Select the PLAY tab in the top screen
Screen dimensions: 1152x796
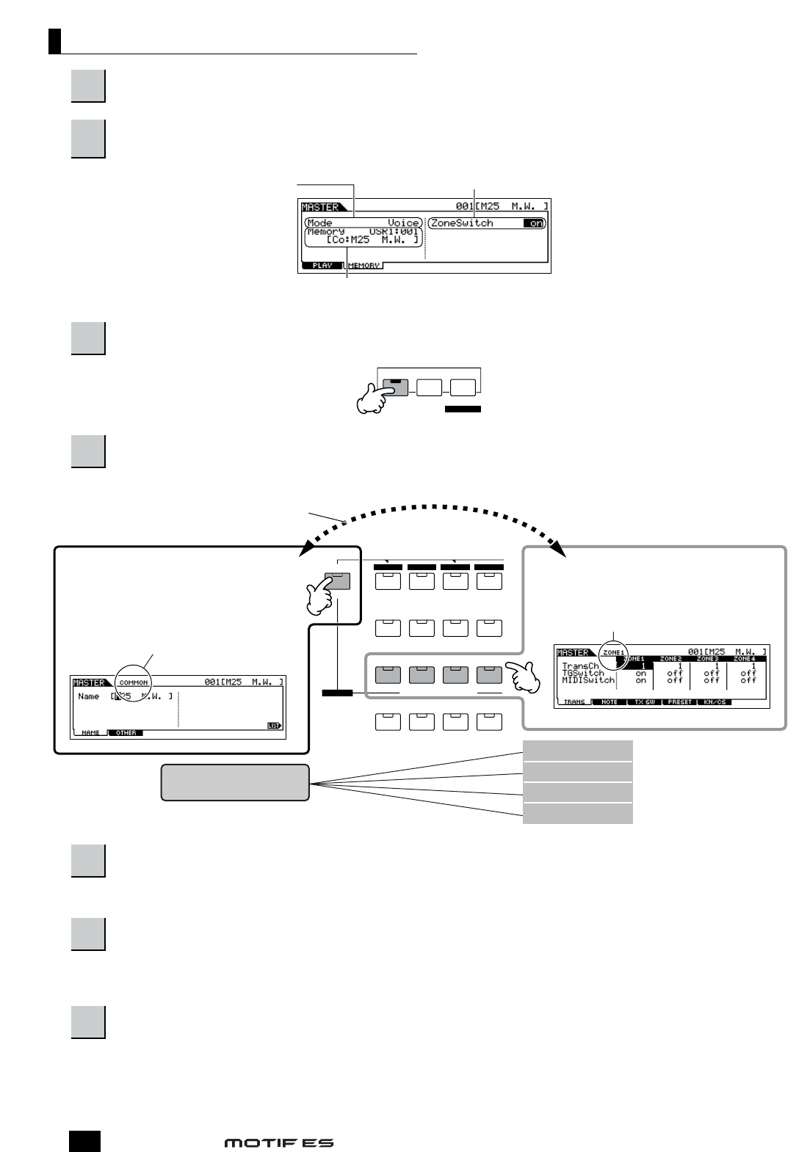322,266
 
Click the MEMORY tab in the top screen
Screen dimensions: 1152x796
363,266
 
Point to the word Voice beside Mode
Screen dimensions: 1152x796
403,223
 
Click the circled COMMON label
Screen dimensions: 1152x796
134,682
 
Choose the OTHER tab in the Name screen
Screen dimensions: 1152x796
126,732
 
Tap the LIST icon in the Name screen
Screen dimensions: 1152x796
274,726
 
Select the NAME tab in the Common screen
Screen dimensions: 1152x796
91,732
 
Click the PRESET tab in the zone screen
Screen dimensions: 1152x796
680,702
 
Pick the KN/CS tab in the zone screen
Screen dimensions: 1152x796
714,702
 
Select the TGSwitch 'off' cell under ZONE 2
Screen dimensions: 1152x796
674,673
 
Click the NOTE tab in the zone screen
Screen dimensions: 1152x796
609,702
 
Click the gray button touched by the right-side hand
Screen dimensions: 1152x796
489,674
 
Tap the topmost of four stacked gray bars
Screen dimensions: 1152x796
577,751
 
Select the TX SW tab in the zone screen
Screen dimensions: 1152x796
645,702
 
